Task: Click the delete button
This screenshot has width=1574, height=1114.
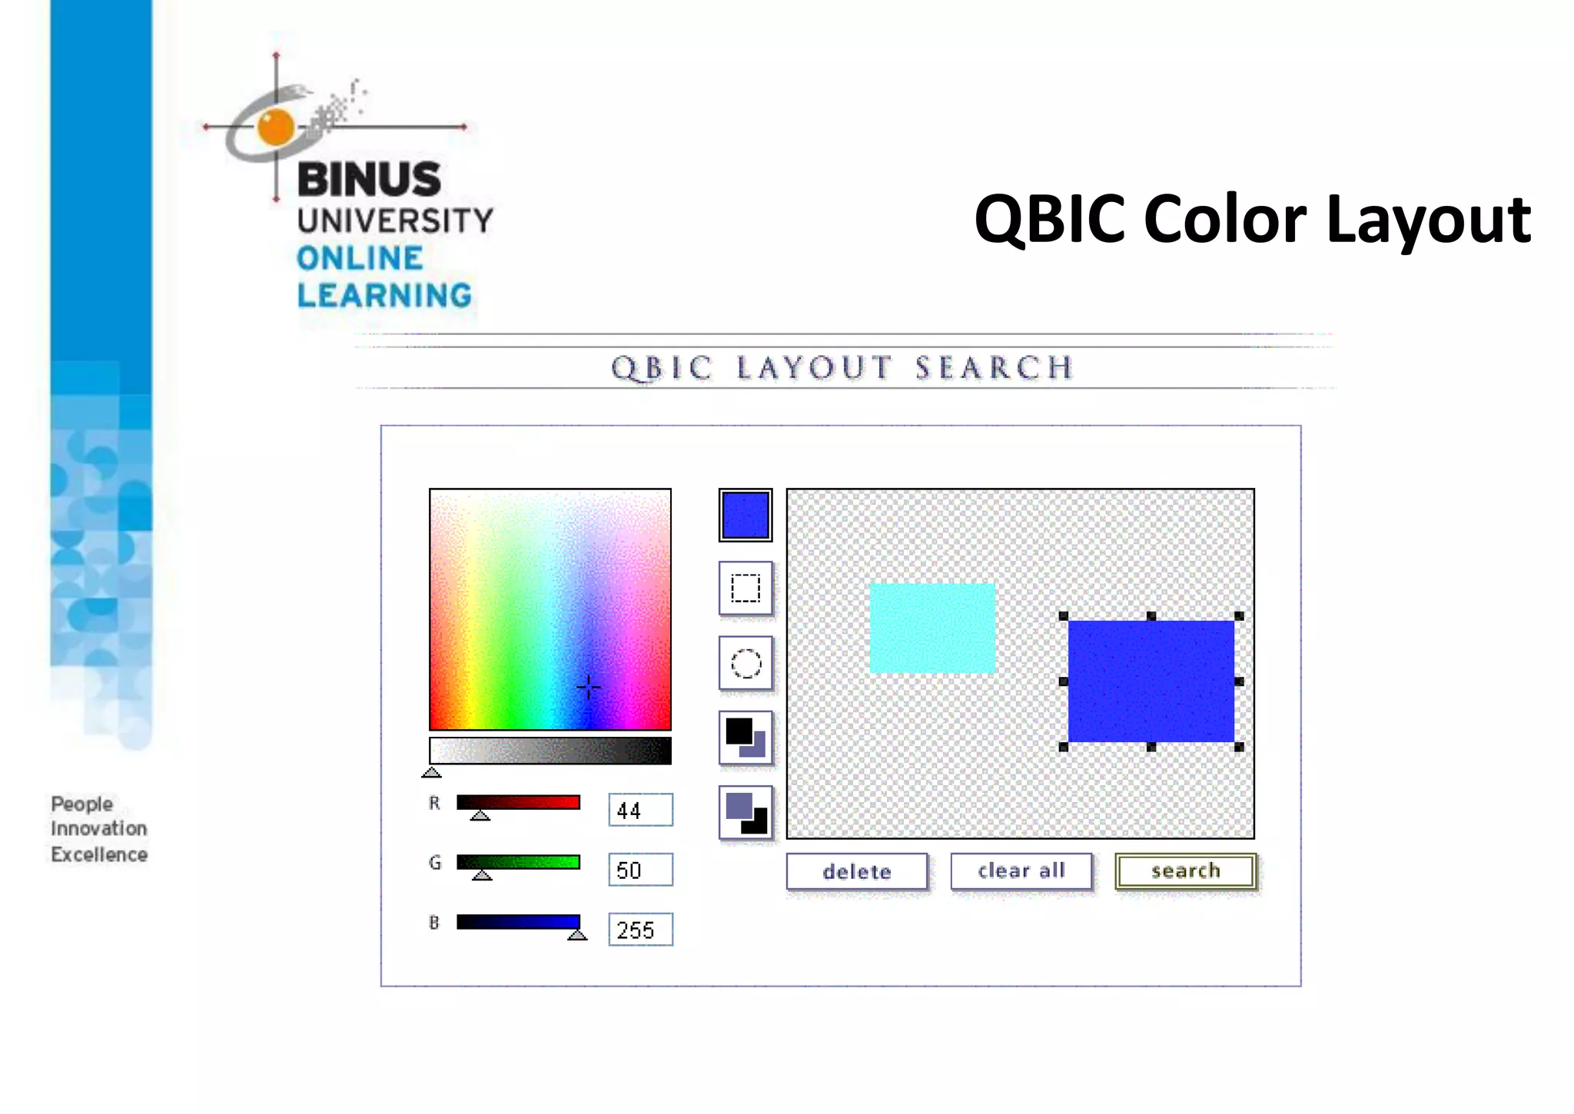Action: [x=856, y=871]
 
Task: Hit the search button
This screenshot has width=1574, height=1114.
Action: [x=1185, y=871]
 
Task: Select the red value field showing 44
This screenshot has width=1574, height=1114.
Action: [x=640, y=810]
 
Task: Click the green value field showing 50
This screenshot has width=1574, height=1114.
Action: [x=640, y=870]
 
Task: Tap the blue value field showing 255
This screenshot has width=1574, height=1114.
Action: [x=640, y=930]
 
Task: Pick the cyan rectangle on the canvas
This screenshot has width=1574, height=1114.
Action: [x=932, y=628]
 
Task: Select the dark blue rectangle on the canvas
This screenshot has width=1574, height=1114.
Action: [x=1151, y=681]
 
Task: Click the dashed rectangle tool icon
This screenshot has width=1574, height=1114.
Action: [x=745, y=588]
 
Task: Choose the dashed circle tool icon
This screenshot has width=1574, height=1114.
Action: [x=745, y=663]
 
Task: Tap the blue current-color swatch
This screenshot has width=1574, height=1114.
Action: [x=745, y=515]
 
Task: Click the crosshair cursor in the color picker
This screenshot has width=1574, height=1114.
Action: [x=589, y=687]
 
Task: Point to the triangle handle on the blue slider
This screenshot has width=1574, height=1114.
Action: [x=577, y=934]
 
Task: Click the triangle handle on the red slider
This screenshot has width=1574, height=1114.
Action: [x=480, y=815]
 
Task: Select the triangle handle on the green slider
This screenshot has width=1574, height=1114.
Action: [x=482, y=874]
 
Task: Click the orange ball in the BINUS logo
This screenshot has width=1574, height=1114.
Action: [x=276, y=127]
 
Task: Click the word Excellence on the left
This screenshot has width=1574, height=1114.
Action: [x=99, y=854]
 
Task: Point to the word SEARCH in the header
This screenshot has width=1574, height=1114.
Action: [x=994, y=368]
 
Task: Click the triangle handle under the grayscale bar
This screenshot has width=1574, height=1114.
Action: [x=432, y=772]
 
